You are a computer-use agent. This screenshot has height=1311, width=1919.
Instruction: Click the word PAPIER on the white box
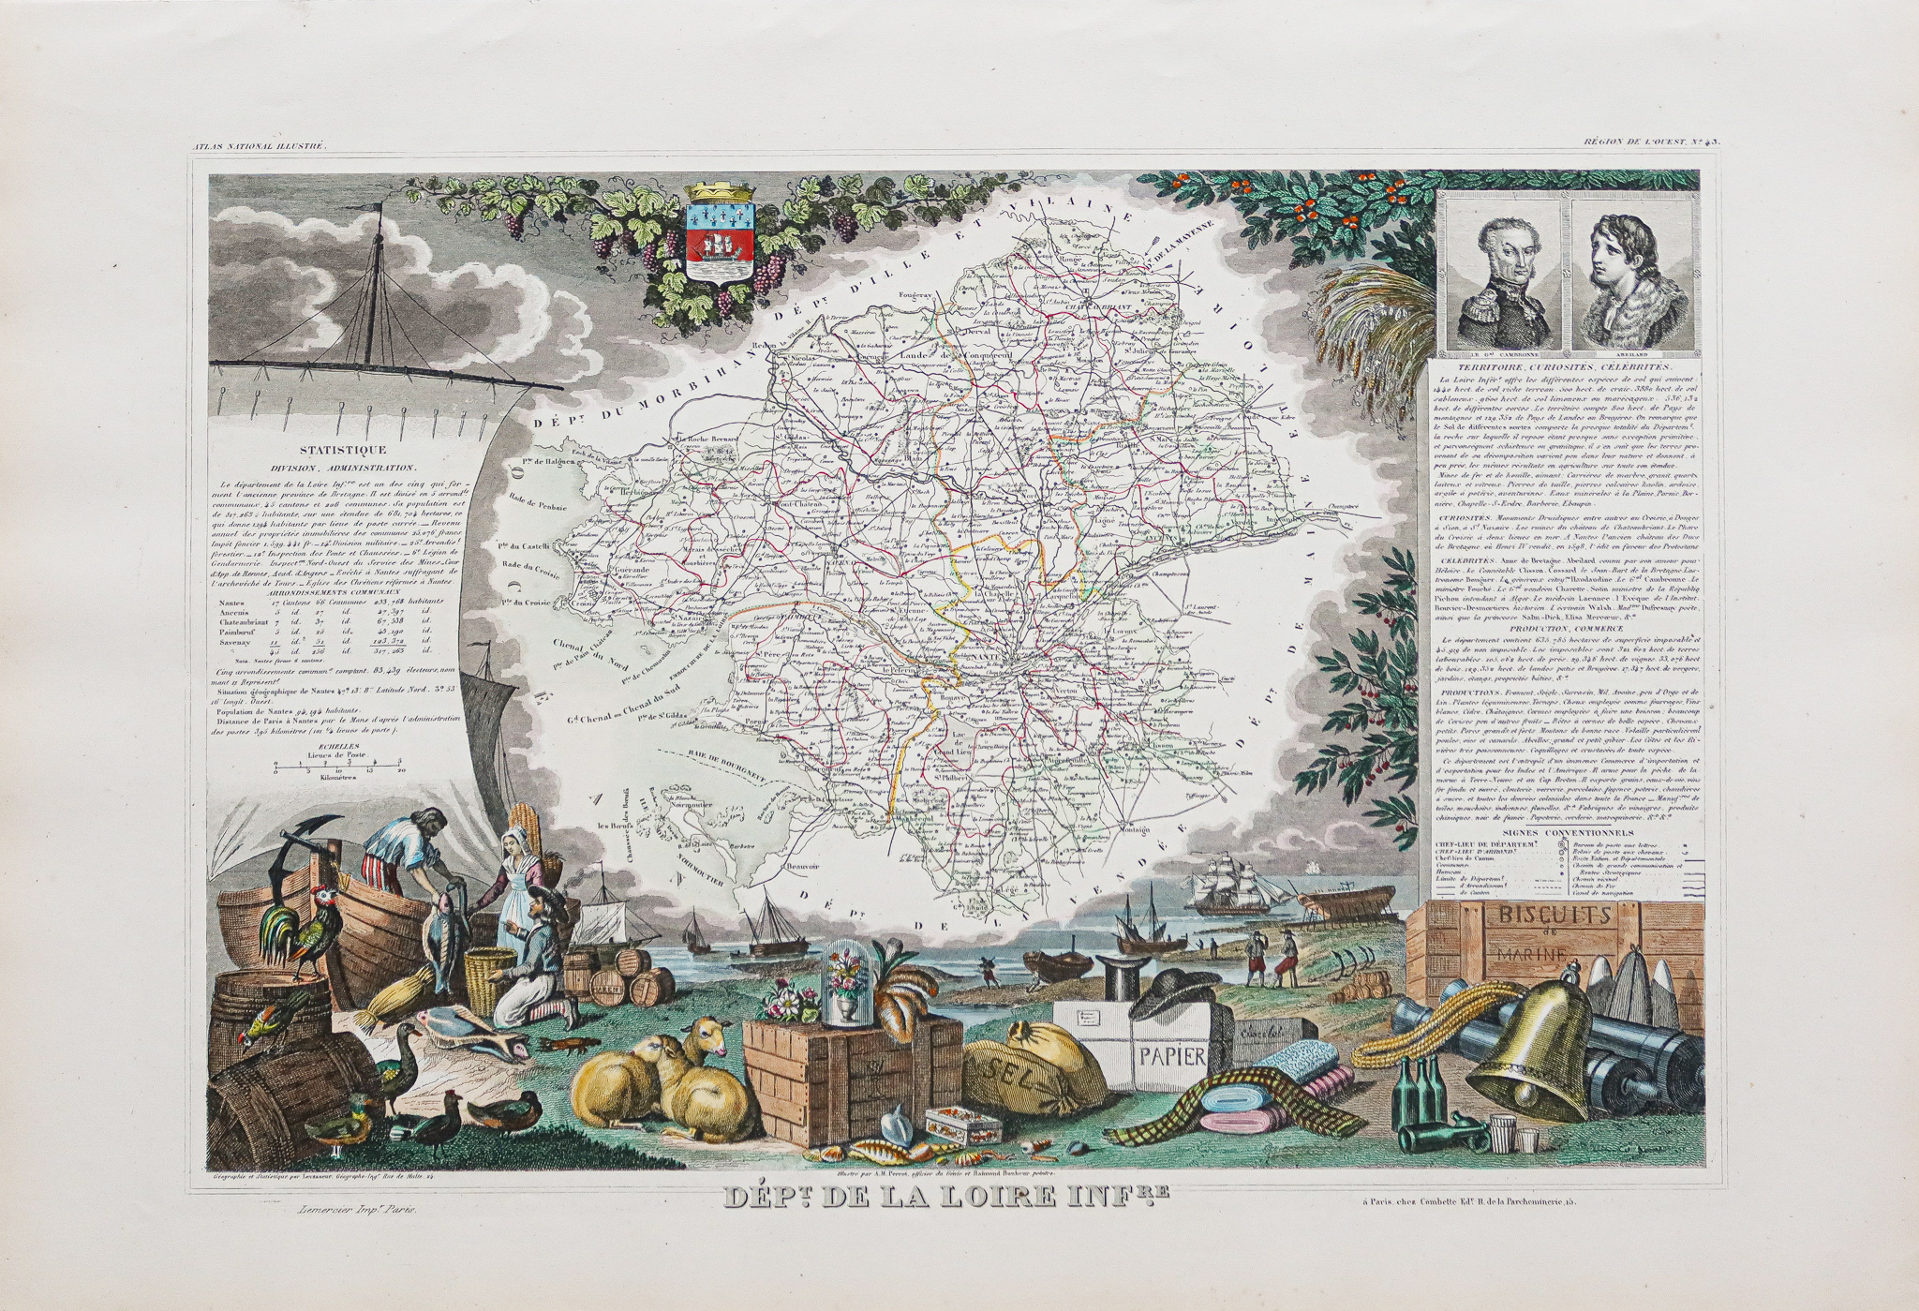(x=1171, y=1056)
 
